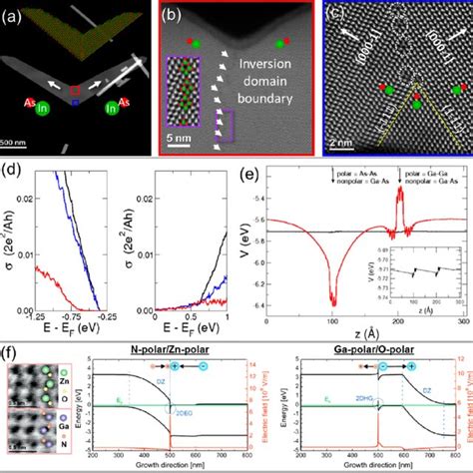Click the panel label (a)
15,14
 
